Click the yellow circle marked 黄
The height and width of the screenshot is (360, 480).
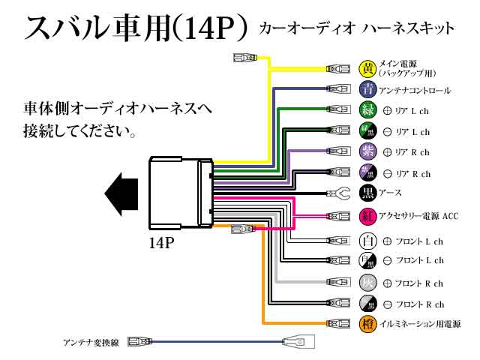pyautogui.click(x=367, y=69)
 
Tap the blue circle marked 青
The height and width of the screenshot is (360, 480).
pyautogui.click(x=367, y=90)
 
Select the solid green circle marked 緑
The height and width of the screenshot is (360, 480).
pyautogui.click(x=367, y=110)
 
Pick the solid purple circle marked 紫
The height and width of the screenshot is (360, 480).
pyautogui.click(x=367, y=152)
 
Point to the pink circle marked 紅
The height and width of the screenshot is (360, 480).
pyautogui.click(x=367, y=216)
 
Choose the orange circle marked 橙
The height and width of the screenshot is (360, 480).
pyautogui.click(x=367, y=324)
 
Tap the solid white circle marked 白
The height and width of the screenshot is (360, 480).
pyautogui.click(x=367, y=241)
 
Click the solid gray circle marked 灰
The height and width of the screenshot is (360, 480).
pyautogui.click(x=367, y=283)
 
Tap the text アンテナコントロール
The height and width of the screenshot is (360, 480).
pyautogui.click(x=415, y=91)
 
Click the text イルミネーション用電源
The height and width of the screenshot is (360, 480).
pyautogui.click(x=421, y=325)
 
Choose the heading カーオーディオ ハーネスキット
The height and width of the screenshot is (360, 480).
pyautogui.click(x=355, y=28)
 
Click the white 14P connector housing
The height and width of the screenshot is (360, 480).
pyautogui.click(x=180, y=192)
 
